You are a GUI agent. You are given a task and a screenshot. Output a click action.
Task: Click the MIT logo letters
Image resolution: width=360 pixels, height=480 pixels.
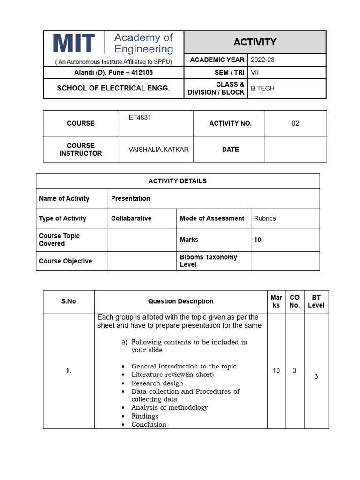tap(74, 43)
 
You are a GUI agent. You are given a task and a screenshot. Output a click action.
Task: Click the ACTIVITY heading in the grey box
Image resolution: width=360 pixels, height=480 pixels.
tap(255, 42)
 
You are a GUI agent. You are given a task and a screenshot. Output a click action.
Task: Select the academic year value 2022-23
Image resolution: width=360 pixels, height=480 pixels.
tap(263, 60)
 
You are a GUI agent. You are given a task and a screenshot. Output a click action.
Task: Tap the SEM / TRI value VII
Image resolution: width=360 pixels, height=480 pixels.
tap(255, 73)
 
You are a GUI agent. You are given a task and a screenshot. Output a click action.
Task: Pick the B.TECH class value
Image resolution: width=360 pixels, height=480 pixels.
tap(262, 89)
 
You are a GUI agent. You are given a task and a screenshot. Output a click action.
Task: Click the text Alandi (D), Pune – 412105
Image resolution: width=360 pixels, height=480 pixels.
tap(113, 73)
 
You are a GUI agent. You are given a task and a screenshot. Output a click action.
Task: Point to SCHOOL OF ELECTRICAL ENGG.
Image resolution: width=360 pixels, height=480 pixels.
tap(113, 88)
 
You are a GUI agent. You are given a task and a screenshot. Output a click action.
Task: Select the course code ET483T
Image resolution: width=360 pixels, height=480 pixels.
tap(140, 117)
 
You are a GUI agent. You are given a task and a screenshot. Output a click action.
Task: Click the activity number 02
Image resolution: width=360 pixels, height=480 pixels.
tap(295, 123)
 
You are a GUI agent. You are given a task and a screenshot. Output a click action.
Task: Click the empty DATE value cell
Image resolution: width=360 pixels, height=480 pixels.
tap(295, 150)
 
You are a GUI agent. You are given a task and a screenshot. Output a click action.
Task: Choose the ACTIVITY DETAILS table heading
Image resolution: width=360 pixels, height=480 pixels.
tap(178, 181)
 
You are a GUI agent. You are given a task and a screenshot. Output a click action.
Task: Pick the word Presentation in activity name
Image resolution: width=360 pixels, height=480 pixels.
tap(130, 198)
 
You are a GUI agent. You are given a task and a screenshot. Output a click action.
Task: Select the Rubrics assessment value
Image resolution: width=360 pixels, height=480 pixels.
tap(265, 218)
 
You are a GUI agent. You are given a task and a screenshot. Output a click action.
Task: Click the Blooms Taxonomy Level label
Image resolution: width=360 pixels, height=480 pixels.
tap(208, 261)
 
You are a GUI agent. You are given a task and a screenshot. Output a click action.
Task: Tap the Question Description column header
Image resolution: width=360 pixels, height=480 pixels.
tap(180, 301)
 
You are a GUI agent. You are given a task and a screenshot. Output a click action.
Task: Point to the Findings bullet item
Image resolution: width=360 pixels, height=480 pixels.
tap(145, 416)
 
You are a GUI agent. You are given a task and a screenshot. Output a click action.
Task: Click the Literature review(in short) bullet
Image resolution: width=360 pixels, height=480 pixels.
tap(172, 375)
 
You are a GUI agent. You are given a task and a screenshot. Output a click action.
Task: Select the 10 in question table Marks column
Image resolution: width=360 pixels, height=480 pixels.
tap(276, 371)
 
